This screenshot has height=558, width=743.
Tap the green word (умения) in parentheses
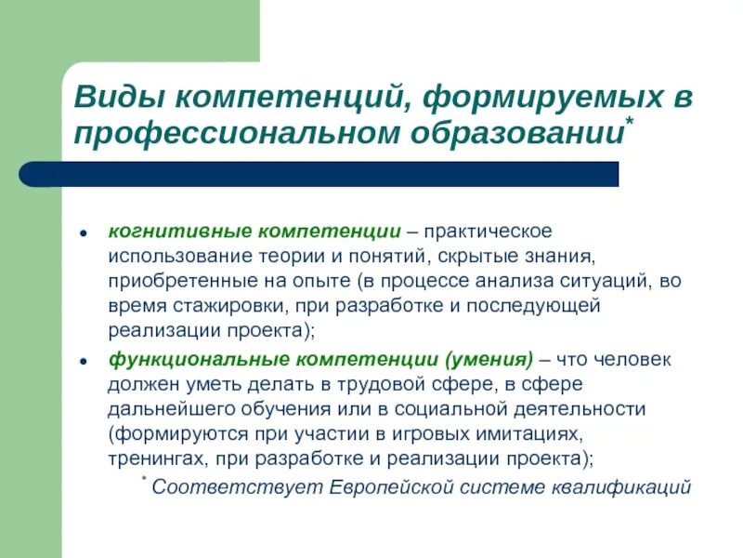(x=490, y=358)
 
